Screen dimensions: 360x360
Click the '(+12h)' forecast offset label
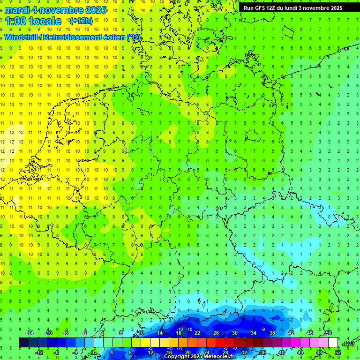[81, 21]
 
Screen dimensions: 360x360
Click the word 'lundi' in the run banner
[300, 8]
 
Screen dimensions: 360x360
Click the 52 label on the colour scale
[337, 352]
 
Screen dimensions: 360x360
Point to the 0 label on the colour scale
[93, 352]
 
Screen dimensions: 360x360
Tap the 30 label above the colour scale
[234, 333]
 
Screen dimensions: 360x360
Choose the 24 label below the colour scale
[206, 352]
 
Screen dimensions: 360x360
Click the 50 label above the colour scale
[329, 333]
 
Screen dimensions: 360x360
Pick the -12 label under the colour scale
[39, 352]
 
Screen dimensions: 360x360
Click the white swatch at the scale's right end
[333, 343]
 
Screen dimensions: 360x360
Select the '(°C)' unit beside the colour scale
[348, 343]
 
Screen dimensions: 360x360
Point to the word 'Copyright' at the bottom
[177, 357]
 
